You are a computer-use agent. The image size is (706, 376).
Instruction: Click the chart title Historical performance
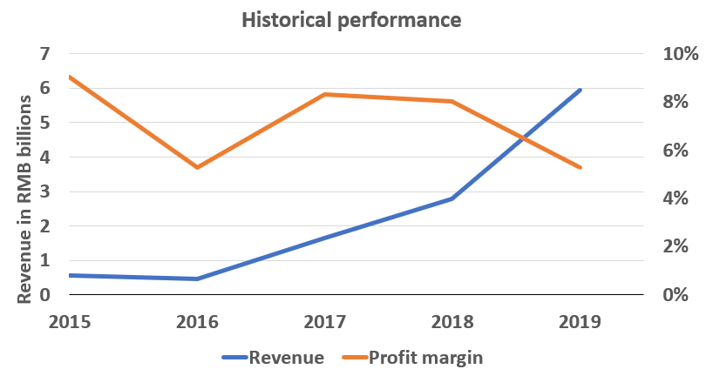(x=352, y=18)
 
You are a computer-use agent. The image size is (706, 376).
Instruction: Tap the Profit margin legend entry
(x=425, y=357)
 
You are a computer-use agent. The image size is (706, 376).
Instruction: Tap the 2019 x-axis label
(x=580, y=320)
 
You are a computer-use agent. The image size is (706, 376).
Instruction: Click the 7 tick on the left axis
(x=46, y=54)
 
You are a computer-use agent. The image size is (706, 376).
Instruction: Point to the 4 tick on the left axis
(x=46, y=158)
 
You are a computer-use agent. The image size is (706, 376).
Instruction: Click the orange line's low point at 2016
(x=198, y=167)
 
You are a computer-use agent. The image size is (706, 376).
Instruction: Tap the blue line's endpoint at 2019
(x=580, y=90)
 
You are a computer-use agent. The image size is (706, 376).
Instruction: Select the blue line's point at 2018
(x=452, y=198)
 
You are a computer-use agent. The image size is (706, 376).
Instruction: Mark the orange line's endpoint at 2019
(x=580, y=167)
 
